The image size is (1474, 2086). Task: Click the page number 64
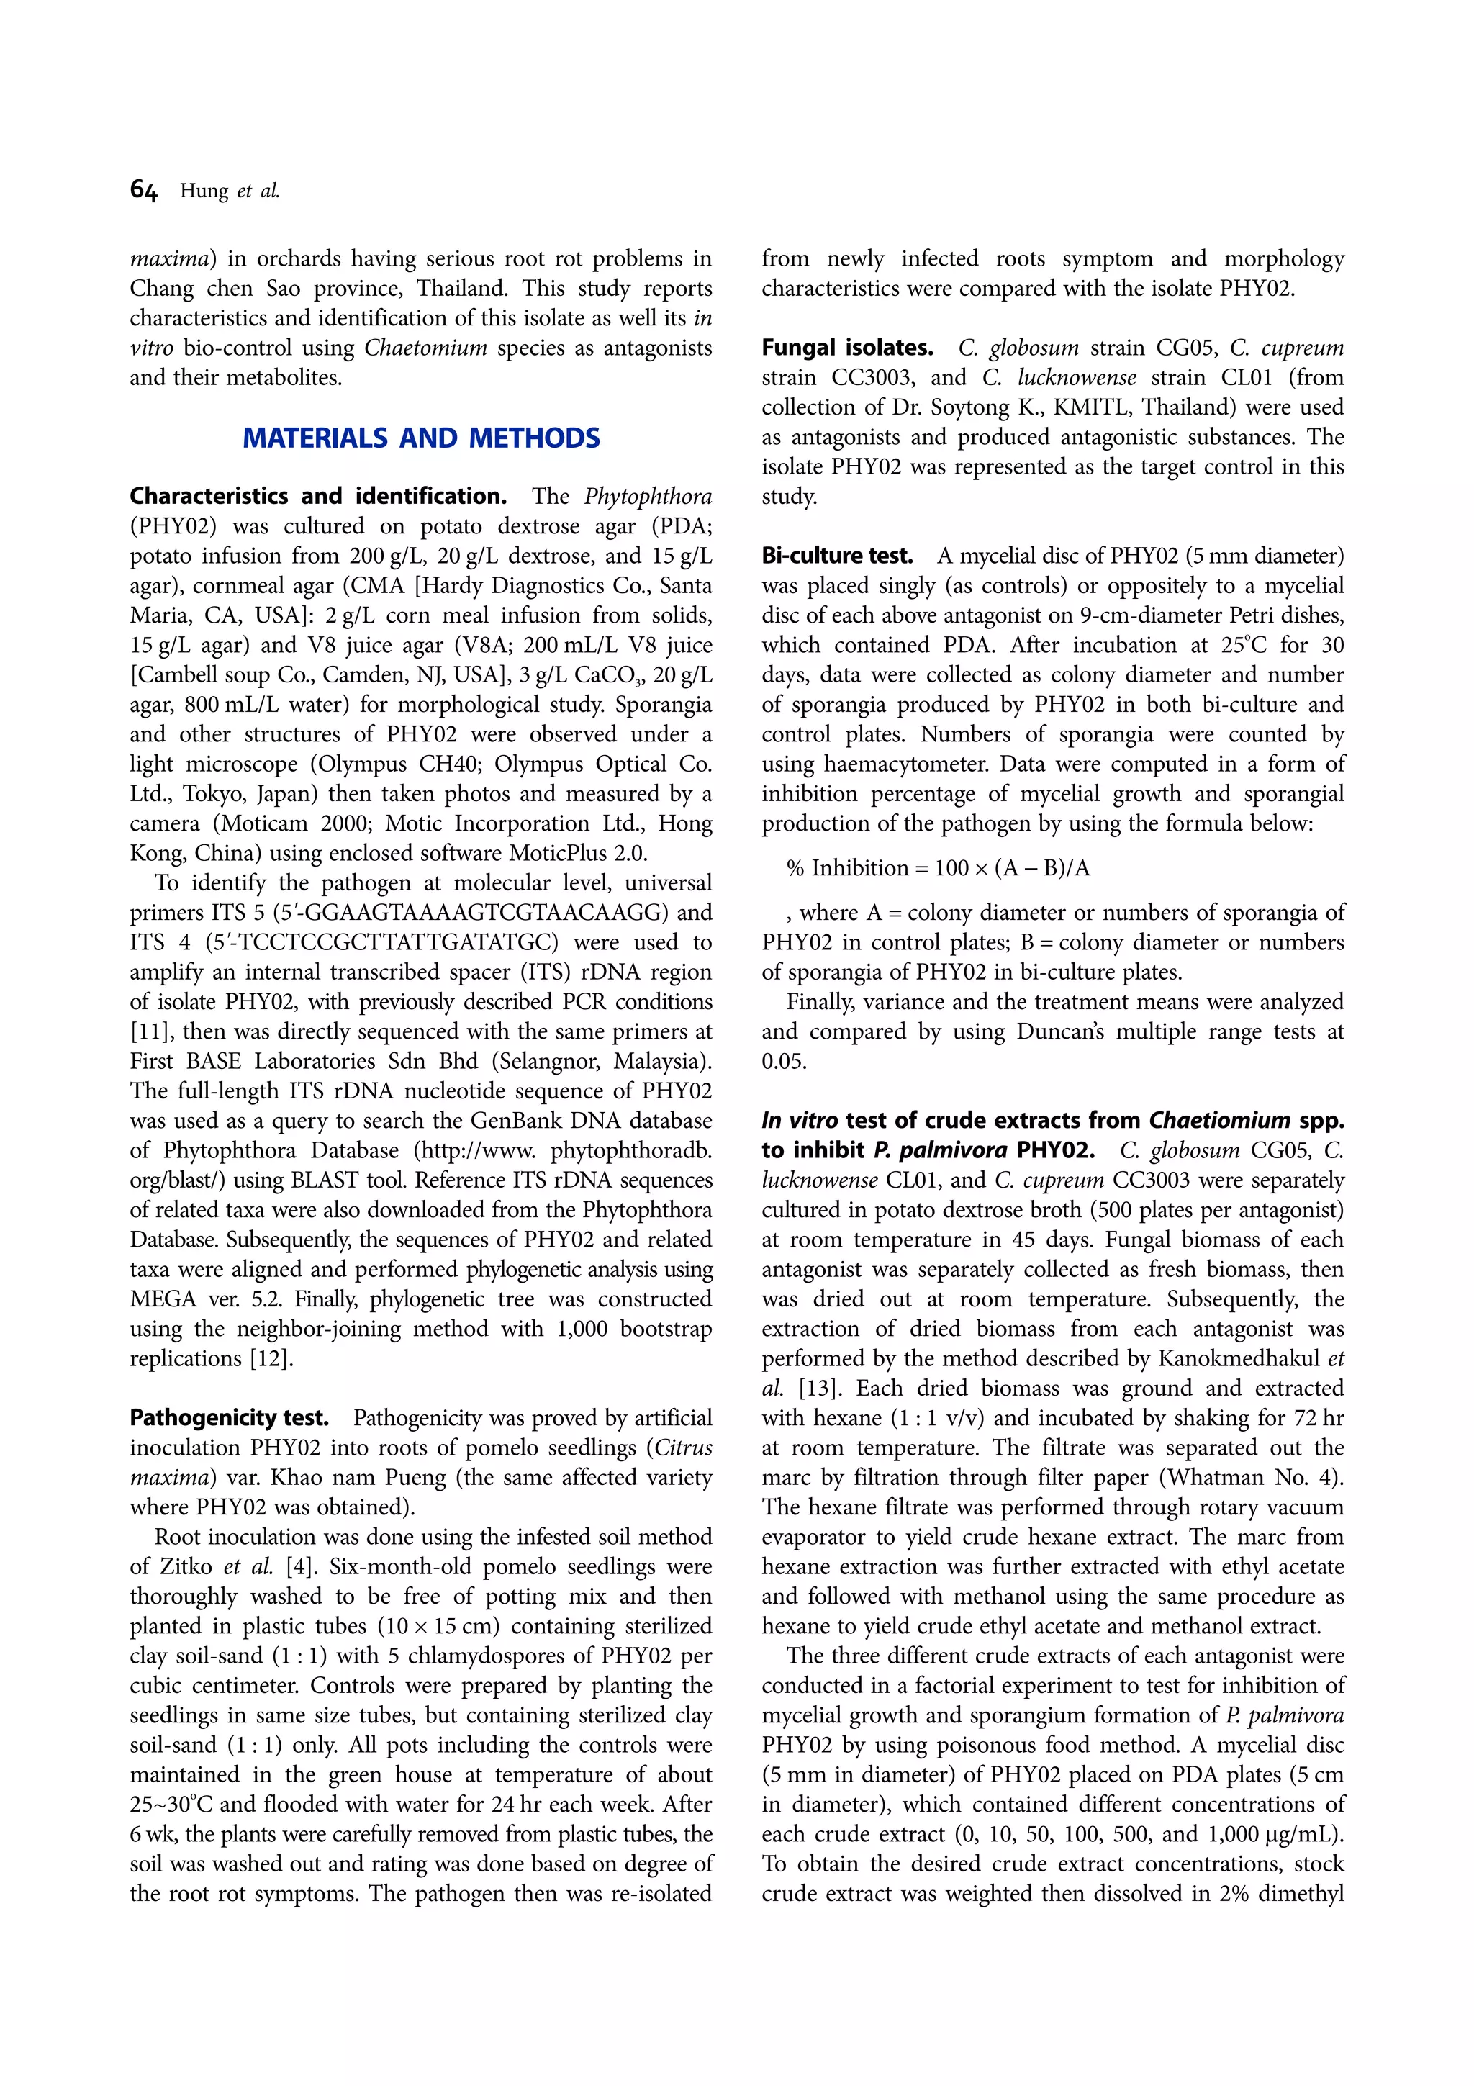click(x=143, y=190)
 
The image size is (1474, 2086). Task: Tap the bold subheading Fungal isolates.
click(x=847, y=348)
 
